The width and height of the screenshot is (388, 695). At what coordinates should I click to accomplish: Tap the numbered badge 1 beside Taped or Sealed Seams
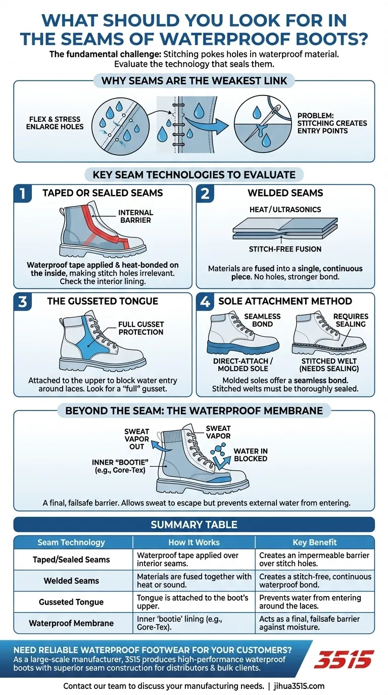[23, 193]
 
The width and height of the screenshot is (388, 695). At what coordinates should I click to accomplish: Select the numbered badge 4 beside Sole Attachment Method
[205, 302]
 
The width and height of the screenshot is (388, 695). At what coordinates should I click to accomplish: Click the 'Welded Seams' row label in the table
[71, 581]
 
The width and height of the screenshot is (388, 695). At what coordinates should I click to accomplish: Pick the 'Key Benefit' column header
[314, 542]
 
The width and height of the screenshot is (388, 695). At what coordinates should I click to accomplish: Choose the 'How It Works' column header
[194, 542]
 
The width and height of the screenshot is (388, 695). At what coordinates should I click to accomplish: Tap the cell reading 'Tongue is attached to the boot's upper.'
[192, 602]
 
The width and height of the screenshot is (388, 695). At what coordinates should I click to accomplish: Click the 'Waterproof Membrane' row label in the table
[71, 623]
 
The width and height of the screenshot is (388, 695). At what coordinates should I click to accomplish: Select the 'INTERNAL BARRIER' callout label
[135, 216]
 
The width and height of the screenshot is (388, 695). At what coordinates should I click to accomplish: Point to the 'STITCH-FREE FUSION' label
[285, 249]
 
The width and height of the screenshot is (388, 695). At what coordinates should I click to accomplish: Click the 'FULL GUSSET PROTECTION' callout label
[141, 328]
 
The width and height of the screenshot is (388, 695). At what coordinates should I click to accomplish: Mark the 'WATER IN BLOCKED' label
[251, 455]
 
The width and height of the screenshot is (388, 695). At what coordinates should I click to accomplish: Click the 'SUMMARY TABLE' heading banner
[194, 525]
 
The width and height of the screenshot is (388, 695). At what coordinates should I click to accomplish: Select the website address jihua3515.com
[299, 686]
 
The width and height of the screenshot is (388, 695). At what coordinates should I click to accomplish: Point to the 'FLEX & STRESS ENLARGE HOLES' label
[55, 123]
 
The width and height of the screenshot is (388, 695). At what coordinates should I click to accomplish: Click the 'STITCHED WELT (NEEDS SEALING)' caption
[329, 365]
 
